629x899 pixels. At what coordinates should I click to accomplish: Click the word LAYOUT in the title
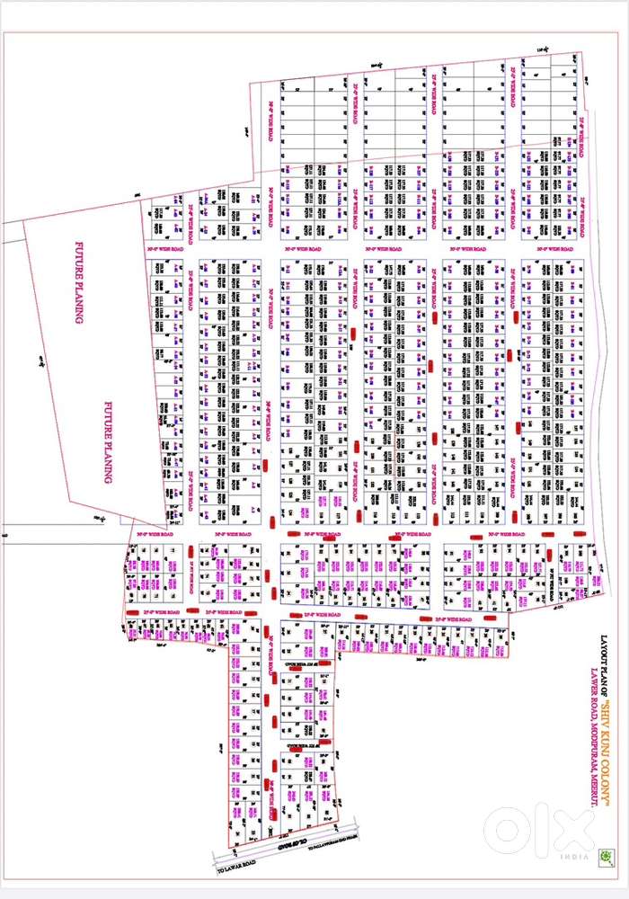click(x=604, y=652)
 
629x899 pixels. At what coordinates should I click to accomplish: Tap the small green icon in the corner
click(x=607, y=857)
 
